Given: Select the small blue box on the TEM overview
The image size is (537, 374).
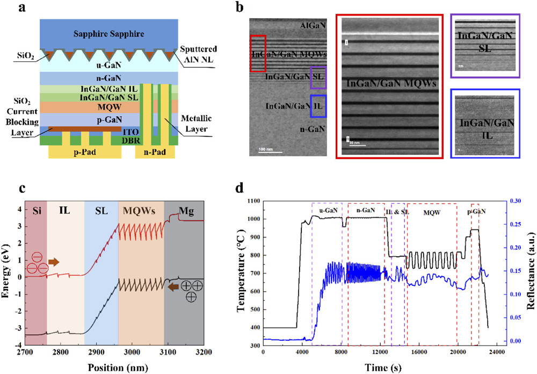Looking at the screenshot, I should tap(318, 105).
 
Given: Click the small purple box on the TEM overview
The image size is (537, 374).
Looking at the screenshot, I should tap(318, 78).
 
